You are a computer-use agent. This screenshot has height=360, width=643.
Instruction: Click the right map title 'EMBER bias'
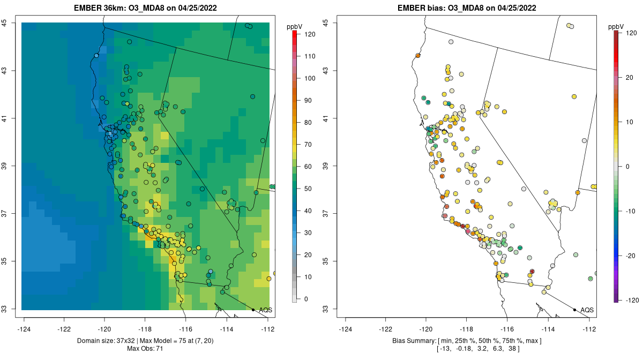419,8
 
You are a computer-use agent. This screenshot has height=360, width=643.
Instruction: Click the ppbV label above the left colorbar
294,26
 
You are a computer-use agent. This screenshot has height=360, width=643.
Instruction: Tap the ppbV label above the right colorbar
616,26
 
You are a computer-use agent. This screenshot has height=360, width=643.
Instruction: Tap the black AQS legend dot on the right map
574,310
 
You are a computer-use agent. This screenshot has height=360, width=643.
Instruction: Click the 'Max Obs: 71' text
145,349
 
